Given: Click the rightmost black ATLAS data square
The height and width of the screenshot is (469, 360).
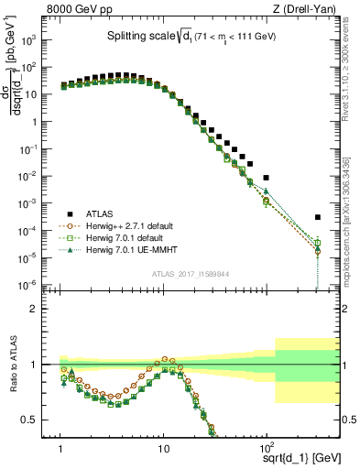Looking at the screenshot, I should pyautogui.click(x=317, y=217).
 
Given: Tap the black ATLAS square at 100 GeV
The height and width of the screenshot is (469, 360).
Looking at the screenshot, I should pyautogui.click(x=266, y=178).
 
